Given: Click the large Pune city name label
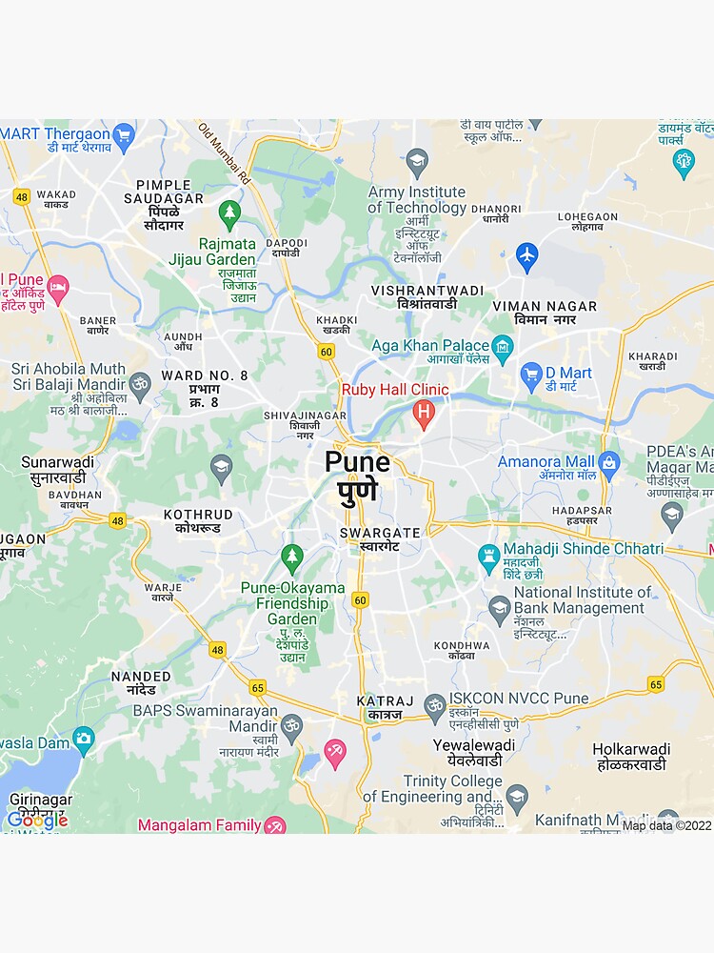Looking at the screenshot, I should (357, 463).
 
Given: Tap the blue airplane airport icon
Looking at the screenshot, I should (526, 255).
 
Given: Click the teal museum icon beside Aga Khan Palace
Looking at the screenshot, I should (503, 346).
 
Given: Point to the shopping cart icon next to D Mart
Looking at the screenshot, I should (531, 375).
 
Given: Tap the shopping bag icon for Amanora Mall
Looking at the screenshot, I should (609, 463).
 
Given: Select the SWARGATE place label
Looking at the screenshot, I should (380, 534).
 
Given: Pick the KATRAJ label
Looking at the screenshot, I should (386, 701).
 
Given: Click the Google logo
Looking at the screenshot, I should (37, 820).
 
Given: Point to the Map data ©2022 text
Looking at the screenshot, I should (666, 826).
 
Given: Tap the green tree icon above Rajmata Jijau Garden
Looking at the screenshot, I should (228, 213).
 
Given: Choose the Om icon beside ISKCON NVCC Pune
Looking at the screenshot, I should (435, 705).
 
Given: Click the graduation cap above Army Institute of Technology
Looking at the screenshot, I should (417, 161).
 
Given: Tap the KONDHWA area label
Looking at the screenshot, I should (462, 645).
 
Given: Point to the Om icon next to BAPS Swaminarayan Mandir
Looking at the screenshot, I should (291, 726).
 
